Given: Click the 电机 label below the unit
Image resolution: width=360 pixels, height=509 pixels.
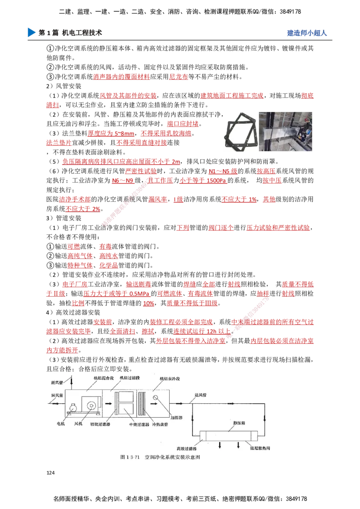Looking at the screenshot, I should click(x=61, y=424).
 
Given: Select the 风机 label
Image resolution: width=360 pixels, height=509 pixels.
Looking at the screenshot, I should click(x=79, y=424).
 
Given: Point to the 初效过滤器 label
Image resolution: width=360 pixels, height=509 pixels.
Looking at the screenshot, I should click(x=100, y=424).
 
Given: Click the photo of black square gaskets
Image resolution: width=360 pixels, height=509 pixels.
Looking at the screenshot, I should click(x=239, y=134).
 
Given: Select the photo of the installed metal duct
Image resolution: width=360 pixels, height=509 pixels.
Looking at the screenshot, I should click(x=286, y=133).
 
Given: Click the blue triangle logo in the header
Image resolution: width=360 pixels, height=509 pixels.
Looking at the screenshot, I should click(x=31, y=32).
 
